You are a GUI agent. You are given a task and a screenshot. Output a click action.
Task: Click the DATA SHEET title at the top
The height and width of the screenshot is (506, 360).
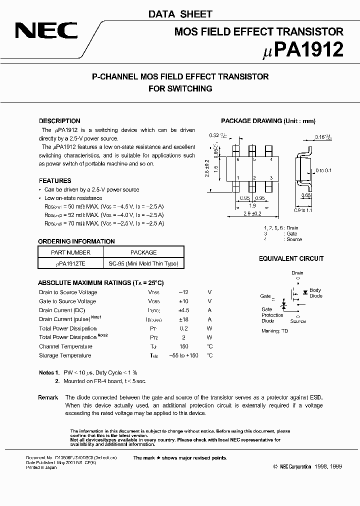[x=180, y=14]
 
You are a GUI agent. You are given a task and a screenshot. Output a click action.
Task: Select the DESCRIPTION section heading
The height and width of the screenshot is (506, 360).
[x=59, y=121]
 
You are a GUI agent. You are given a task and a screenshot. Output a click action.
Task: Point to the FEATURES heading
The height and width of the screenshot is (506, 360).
[x=55, y=180]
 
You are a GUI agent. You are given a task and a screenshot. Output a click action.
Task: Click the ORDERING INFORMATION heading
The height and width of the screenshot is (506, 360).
[x=76, y=241]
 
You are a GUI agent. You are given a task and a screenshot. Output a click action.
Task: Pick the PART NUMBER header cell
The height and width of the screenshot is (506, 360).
[x=70, y=252]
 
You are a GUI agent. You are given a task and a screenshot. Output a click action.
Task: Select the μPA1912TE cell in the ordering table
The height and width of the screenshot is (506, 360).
[x=70, y=263]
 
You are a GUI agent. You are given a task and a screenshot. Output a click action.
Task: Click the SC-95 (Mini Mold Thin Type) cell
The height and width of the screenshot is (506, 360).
[x=143, y=263]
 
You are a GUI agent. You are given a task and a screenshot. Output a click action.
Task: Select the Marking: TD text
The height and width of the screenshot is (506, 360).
[x=275, y=330]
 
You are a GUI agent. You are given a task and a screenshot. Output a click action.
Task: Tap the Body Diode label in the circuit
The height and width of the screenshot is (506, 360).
[x=315, y=293]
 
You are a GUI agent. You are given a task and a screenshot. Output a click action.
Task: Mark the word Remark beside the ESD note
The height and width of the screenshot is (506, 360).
[x=48, y=397]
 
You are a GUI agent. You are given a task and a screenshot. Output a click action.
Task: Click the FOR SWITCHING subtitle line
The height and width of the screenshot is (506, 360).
[x=180, y=88]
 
